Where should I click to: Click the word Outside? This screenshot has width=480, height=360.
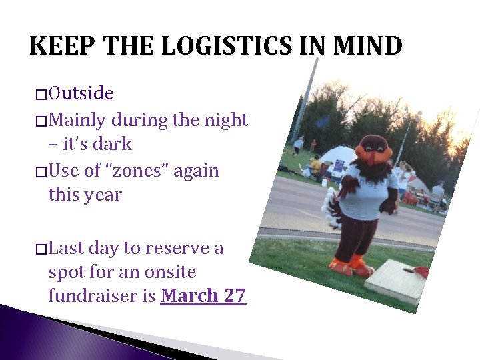pos(81,93)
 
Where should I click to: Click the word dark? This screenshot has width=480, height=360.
pos(110,144)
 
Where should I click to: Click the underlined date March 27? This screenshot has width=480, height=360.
pos(203,295)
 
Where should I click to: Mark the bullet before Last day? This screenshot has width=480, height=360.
pos(41,249)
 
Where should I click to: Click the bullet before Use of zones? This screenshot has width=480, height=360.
pos(41,172)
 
